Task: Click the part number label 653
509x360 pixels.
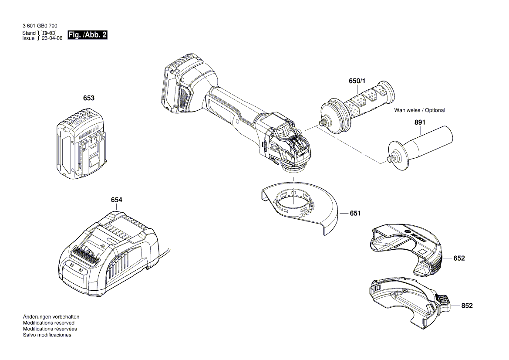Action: point(89,98)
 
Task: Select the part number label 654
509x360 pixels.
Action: point(116,200)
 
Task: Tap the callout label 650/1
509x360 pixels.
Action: point(358,81)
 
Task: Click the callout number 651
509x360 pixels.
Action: point(355,214)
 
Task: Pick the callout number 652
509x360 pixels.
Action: point(459,258)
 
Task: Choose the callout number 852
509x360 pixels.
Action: point(467,306)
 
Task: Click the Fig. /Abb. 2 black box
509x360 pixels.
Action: point(88,35)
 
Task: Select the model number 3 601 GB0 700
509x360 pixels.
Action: point(40,26)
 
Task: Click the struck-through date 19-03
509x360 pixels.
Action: point(48,33)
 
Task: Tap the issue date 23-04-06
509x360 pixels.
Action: point(52,38)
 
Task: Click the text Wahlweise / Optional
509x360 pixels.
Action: point(419,110)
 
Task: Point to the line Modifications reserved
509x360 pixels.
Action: point(48,323)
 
